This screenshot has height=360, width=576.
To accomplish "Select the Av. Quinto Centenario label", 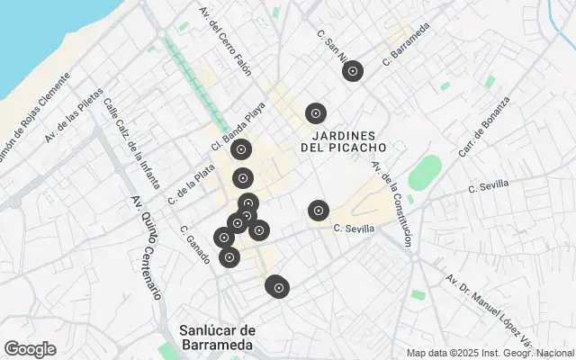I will coord(147,247).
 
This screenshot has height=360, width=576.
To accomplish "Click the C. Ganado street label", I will coord(195,244).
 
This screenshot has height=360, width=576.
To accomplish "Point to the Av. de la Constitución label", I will coord(392,203).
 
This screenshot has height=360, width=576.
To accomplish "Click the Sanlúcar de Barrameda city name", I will coord(217,337).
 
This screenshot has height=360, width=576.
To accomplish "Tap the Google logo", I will coord(30,349).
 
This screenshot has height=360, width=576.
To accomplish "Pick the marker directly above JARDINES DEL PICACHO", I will coord(315,113).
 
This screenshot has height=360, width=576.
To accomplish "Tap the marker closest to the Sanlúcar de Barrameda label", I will coord(278,288).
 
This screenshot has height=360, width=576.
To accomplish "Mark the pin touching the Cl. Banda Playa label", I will coord(240,150).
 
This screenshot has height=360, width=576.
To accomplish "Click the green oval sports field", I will coord(425,173).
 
